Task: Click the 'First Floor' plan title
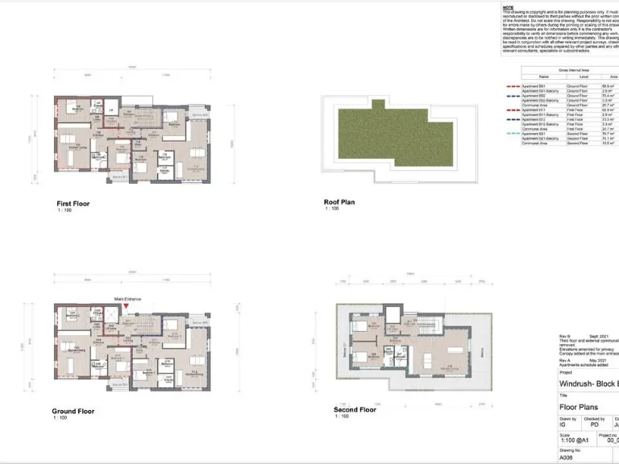click(73, 204)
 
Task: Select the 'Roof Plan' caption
click(339, 202)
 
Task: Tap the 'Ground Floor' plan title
click(73, 411)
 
